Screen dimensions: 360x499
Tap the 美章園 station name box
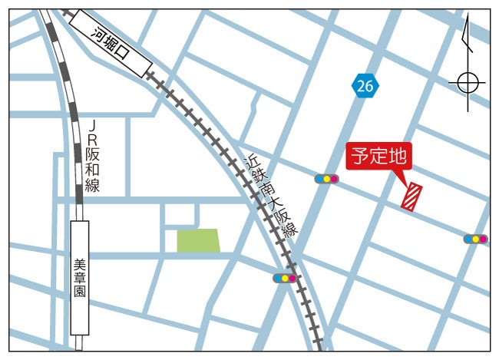[79, 278]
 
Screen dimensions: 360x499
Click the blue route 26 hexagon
[365, 87]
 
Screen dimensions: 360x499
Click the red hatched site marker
[412, 196]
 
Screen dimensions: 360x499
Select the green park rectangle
[198, 240]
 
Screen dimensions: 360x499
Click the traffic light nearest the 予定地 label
[326, 179]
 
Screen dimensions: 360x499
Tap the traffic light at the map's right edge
[475, 239]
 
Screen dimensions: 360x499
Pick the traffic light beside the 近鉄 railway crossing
[285, 278]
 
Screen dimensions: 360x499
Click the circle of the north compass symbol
[468, 81]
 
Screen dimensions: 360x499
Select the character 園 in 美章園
[79, 292]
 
